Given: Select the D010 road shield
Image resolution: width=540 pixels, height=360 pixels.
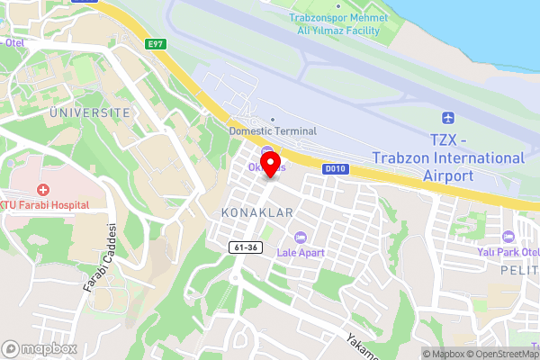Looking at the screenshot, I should pyautogui.click(x=335, y=168).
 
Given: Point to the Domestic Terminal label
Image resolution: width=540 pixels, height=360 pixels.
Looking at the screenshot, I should pyautogui.click(x=273, y=131).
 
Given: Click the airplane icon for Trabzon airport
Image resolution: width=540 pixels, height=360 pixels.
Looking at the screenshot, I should pyautogui.click(x=447, y=118).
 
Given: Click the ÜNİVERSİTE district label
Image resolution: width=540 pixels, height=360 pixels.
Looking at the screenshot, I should pyautogui.click(x=89, y=112).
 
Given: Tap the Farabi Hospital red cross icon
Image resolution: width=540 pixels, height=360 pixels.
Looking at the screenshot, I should pyautogui.click(x=41, y=190).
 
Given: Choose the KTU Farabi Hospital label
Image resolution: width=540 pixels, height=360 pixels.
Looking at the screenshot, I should pyautogui.click(x=45, y=205).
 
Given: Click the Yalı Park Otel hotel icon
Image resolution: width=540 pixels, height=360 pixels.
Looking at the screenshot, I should pyautogui.click(x=508, y=237).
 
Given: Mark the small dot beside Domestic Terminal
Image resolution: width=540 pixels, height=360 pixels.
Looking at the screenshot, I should pyautogui.click(x=273, y=118).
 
